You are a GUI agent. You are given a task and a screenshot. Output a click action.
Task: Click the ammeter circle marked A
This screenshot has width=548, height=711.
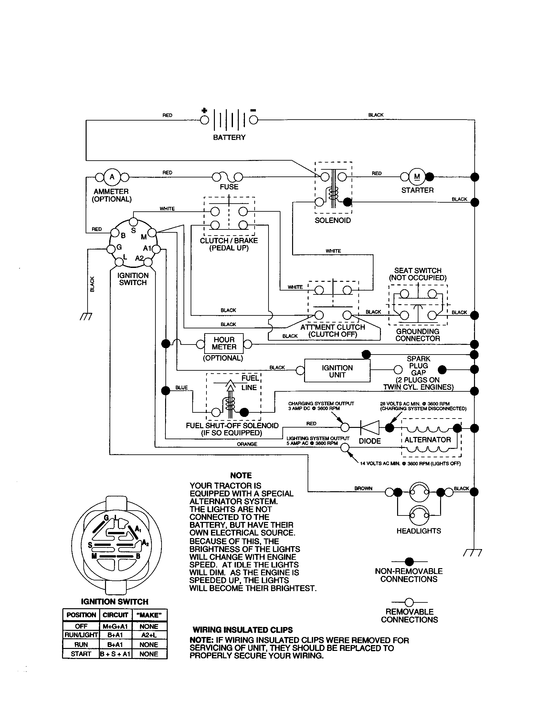click(x=112, y=177)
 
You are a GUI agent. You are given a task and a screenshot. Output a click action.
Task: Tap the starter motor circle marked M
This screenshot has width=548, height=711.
click(x=417, y=177)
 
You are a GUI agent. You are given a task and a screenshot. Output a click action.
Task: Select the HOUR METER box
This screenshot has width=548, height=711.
click(x=224, y=344)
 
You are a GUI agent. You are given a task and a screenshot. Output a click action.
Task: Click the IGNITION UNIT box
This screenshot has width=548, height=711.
click(x=337, y=371)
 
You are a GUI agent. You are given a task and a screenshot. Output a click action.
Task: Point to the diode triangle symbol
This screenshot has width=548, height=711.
click(x=370, y=428)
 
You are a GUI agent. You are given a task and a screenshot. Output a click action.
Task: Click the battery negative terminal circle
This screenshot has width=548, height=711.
click(x=254, y=120)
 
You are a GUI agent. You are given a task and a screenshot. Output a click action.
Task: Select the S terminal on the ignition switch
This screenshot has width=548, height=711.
click(x=133, y=222)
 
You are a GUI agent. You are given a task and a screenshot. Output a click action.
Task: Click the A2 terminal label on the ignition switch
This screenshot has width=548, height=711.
click(x=140, y=258)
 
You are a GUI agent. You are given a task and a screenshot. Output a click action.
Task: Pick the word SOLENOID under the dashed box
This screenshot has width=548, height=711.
click(x=332, y=220)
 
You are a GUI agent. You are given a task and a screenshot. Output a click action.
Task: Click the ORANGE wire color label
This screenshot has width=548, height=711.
click(x=247, y=444)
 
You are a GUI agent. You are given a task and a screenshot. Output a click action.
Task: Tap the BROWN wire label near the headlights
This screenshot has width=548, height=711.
click(x=363, y=488)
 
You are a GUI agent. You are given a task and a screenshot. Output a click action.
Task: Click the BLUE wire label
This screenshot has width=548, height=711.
click(x=182, y=387)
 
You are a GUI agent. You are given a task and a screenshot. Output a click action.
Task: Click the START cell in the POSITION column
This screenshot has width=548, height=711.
click(x=81, y=654)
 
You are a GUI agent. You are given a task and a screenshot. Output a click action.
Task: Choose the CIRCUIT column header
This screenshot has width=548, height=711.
click(x=115, y=615)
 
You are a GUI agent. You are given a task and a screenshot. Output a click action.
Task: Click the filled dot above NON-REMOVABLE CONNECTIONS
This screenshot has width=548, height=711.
click(x=409, y=562)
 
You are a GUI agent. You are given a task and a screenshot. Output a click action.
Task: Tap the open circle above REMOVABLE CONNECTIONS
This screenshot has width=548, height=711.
click(x=409, y=602)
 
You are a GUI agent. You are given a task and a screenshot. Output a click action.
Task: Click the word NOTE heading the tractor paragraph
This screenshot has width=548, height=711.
click(x=241, y=475)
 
